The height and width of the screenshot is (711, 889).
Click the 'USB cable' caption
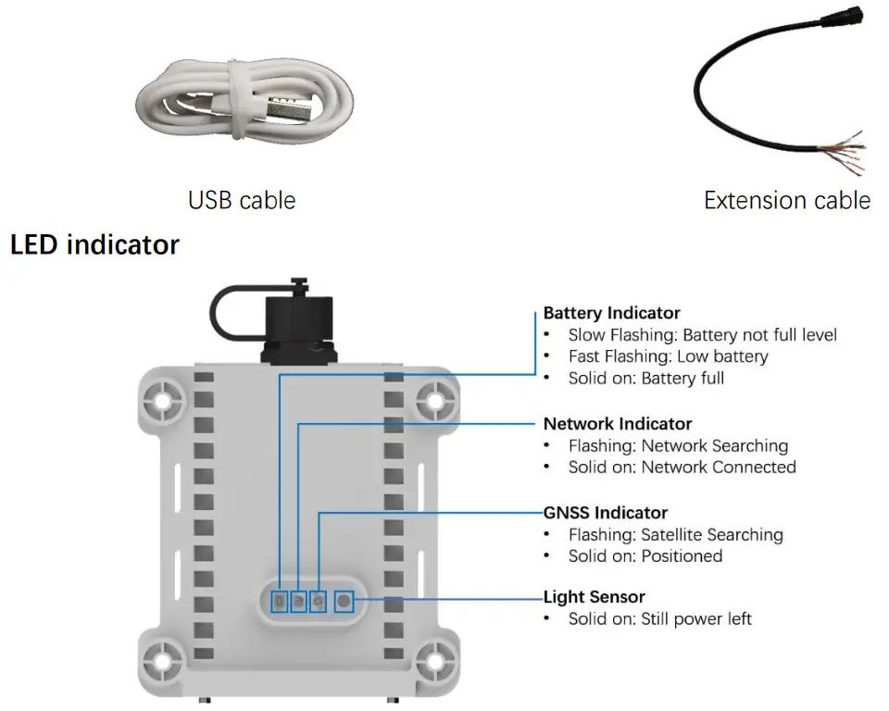(242, 200)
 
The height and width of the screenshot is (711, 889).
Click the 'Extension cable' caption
(786, 200)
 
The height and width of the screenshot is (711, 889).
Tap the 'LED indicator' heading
(94, 244)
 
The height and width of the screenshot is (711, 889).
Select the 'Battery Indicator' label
(611, 313)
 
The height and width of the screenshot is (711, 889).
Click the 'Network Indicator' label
(617, 423)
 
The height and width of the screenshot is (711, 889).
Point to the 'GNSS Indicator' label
(605, 512)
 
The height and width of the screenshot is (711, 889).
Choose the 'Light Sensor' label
(594, 597)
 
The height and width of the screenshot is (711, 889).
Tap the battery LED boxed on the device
(279, 602)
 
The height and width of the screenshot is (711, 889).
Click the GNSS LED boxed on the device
(319, 602)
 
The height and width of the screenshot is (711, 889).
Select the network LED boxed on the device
(298, 602)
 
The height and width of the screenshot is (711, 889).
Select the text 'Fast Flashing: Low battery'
(668, 356)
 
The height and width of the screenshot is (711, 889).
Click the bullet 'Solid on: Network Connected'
(682, 468)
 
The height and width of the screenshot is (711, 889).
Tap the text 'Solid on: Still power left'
(659, 618)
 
